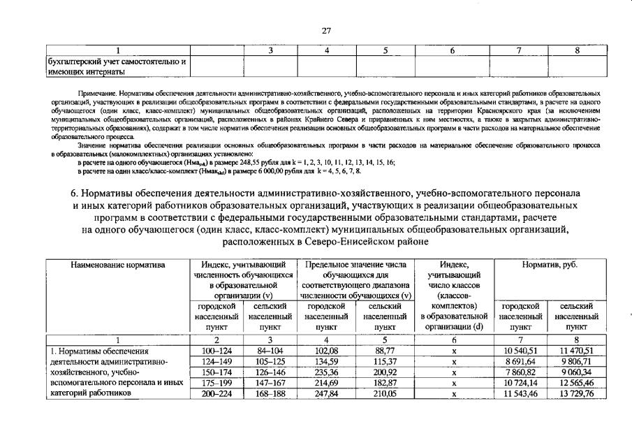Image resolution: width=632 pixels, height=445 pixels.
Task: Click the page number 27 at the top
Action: [x=325, y=30]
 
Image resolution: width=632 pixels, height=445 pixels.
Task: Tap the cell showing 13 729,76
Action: [x=576, y=394]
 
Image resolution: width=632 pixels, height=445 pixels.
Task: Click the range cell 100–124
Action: [x=216, y=351]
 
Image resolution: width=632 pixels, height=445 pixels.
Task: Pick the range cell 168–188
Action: [x=270, y=394]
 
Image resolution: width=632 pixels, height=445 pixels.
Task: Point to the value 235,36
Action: [x=327, y=372]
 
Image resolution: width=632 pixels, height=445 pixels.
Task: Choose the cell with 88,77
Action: [x=385, y=351]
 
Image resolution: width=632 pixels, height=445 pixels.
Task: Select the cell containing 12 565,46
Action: [x=576, y=384]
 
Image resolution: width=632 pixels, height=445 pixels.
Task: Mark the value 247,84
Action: [x=327, y=394]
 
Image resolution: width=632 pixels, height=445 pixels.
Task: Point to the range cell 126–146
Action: [x=270, y=372]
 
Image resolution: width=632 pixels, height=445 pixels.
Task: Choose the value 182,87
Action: [x=385, y=384]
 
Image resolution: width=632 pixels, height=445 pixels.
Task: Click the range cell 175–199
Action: [x=216, y=384]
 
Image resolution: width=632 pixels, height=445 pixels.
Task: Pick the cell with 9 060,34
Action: [x=576, y=372]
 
